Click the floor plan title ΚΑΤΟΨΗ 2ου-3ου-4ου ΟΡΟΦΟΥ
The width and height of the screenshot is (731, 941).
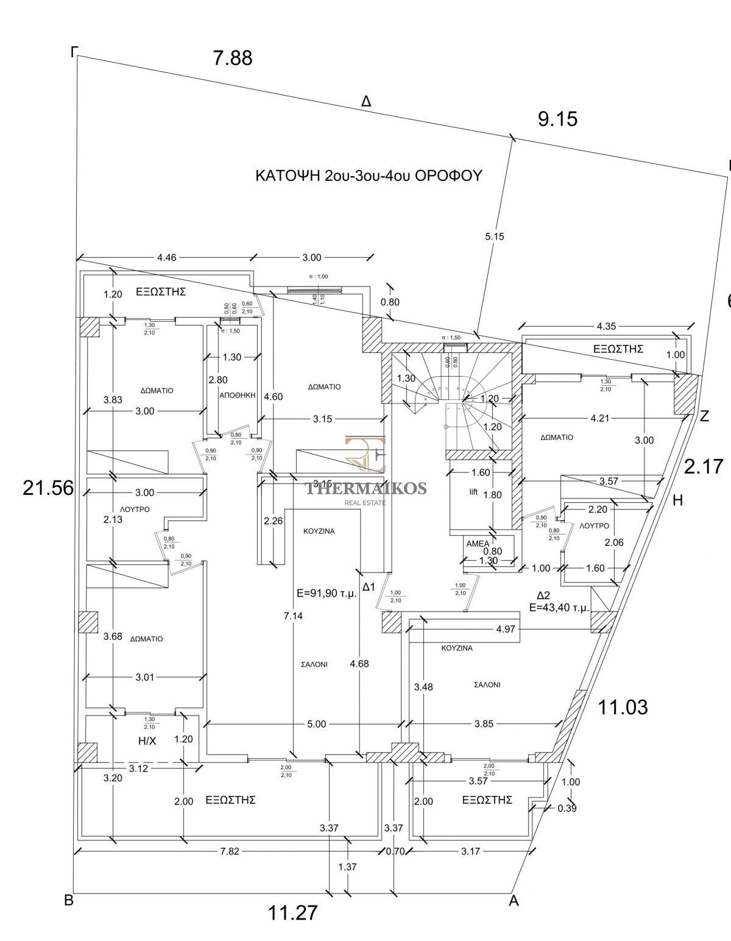coord(369,176)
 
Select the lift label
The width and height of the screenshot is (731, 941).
coord(473,492)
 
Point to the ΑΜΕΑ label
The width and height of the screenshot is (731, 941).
coord(478,544)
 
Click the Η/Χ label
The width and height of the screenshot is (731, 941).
coord(147,741)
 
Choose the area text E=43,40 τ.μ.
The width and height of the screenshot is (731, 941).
coord(559,607)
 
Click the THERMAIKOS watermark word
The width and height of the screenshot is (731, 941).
coord(365,488)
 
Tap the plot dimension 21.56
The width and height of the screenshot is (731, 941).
coord(48,488)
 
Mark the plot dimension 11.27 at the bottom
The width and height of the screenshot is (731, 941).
coord(293,912)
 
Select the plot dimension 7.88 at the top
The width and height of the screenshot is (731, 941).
coord(232,59)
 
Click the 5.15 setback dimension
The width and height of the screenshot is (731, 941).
coord(495,236)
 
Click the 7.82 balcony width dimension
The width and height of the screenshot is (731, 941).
coord(230,851)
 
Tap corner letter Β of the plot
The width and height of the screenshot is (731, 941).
coord(69,901)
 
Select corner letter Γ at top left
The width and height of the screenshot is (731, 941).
coord(74,52)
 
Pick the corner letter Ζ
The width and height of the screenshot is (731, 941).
coord(704,417)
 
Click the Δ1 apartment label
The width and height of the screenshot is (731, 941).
coord(369,587)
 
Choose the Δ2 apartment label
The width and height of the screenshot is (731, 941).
coord(543,595)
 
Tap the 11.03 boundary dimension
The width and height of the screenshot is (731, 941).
coord(623,708)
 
